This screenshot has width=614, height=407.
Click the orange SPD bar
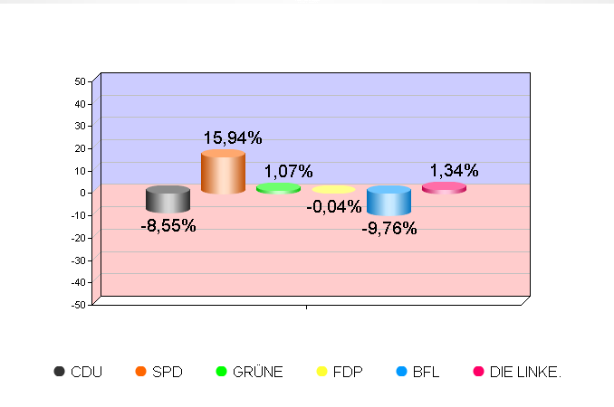[223, 172]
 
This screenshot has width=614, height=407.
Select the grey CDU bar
[168, 200]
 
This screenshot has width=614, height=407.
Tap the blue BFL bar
[389, 201]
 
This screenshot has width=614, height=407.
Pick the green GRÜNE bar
[278, 188]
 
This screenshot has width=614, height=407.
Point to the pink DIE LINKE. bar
[444, 188]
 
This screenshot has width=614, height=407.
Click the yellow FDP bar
[333, 190]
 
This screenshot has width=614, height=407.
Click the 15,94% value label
[233, 138]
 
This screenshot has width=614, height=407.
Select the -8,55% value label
[168, 226]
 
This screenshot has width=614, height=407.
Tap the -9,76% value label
[389, 229]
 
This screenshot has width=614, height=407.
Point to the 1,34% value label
[454, 171]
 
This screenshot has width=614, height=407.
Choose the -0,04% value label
[334, 207]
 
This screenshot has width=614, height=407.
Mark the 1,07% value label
[288, 171]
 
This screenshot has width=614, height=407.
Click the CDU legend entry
[78, 372]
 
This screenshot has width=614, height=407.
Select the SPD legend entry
[158, 372]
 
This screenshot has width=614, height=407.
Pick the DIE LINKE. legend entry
[517, 372]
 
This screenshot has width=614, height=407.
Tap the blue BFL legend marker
[402, 372]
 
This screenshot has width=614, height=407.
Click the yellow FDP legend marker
[321, 372]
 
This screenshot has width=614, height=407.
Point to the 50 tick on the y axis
[80, 81]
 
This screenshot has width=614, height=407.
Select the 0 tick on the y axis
[82, 193]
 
